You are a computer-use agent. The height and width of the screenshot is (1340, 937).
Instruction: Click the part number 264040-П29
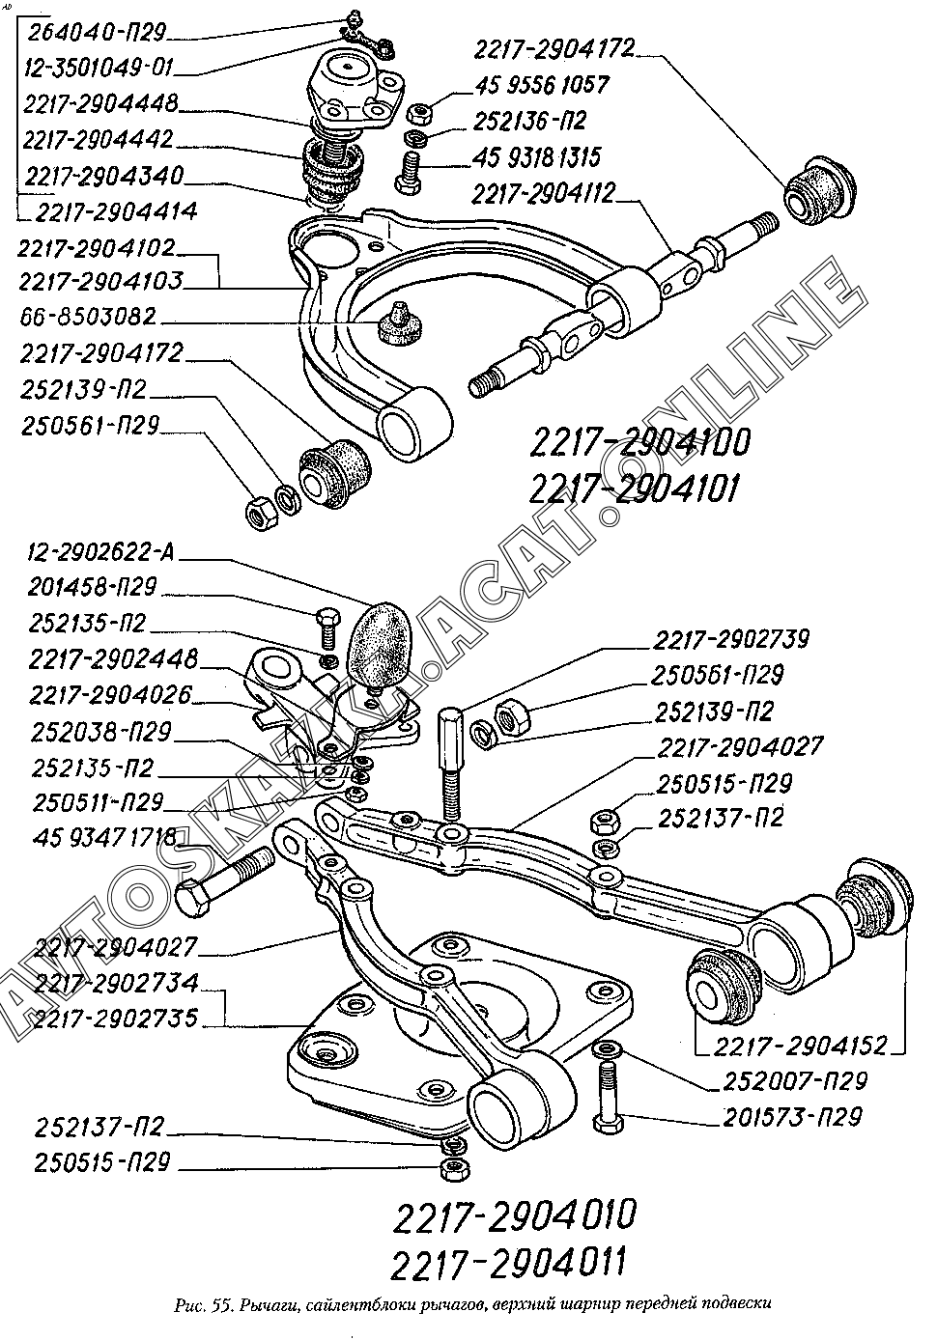97,32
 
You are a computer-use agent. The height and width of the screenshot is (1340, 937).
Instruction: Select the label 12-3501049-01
98,68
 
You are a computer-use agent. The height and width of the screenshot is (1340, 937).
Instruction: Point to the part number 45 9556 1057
542,85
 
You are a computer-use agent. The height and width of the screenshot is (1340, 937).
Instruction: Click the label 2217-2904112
544,193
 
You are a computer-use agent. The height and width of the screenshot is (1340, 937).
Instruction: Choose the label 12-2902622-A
100,552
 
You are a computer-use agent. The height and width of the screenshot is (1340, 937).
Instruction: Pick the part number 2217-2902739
730,639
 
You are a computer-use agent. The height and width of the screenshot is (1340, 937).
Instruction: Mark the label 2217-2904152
801,1046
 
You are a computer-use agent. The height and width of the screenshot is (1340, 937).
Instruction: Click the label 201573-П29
793,1117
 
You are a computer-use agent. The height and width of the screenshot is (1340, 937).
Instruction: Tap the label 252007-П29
795,1081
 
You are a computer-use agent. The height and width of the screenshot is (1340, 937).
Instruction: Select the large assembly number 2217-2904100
639,443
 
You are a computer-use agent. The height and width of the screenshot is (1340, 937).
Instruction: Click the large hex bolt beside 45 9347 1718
224,882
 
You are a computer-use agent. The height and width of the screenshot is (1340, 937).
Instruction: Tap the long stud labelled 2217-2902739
451,764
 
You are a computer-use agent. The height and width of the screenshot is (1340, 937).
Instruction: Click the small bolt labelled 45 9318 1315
408,172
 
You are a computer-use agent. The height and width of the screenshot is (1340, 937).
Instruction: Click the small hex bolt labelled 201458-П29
328,628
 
